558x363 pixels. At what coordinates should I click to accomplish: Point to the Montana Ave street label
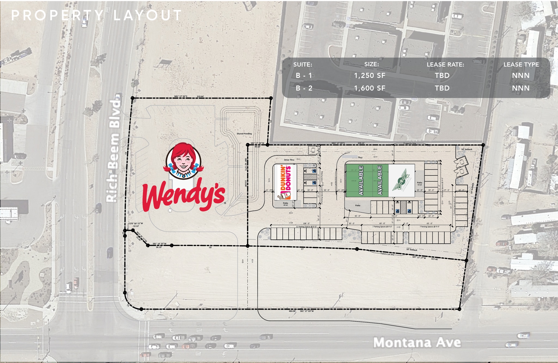pyautogui.click(x=417, y=343)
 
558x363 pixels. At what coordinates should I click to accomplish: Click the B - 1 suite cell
pyautogui.click(x=304, y=75)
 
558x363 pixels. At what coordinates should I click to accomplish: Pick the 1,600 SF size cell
pyautogui.click(x=369, y=88)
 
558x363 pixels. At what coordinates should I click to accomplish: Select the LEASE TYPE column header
pyautogui.click(x=521, y=65)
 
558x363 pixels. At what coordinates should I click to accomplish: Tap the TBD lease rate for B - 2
pyautogui.click(x=442, y=88)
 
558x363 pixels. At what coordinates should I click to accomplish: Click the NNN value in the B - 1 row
pyautogui.click(x=521, y=75)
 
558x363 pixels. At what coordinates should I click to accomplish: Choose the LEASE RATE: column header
pyautogui.click(x=445, y=65)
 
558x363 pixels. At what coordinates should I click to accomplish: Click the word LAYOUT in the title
pyautogui.click(x=147, y=15)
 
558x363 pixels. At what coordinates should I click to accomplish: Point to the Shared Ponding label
pyautogui.click(x=244, y=134)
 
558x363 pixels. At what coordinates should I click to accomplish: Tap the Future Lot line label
pyautogui.click(x=387, y=254)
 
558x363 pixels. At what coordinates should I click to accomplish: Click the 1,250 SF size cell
pyautogui.click(x=369, y=75)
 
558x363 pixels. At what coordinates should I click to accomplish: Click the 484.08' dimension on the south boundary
pyautogui.click(x=292, y=311)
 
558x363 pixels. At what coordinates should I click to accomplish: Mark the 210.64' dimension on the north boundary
pyautogui.click(x=200, y=96)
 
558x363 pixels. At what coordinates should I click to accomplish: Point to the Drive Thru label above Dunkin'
pyautogui.click(x=289, y=160)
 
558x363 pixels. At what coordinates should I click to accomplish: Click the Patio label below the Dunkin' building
pyautogui.click(x=285, y=203)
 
